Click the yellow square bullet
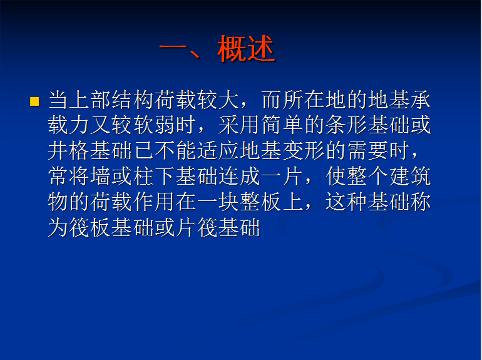[34, 101]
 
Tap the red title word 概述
[246, 49]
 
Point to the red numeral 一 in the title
[173, 48]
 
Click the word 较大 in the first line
[218, 100]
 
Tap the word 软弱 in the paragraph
[155, 125]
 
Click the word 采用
[239, 125]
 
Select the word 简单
[282, 125]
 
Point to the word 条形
[346, 125]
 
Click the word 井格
[69, 151]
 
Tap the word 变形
[304, 151]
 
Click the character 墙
[101, 177]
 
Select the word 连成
[240, 177]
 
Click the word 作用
[155, 202]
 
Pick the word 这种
[346, 202]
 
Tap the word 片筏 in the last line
[197, 227]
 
